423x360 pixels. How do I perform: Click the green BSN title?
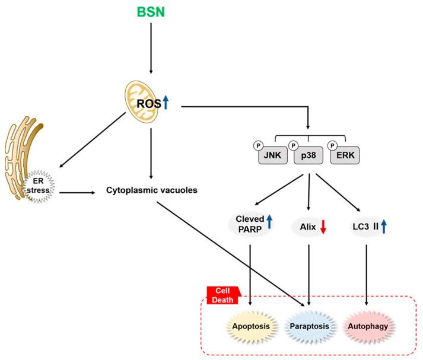(151, 12)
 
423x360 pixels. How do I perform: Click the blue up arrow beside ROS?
(166, 103)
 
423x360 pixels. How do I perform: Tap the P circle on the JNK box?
(258, 146)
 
